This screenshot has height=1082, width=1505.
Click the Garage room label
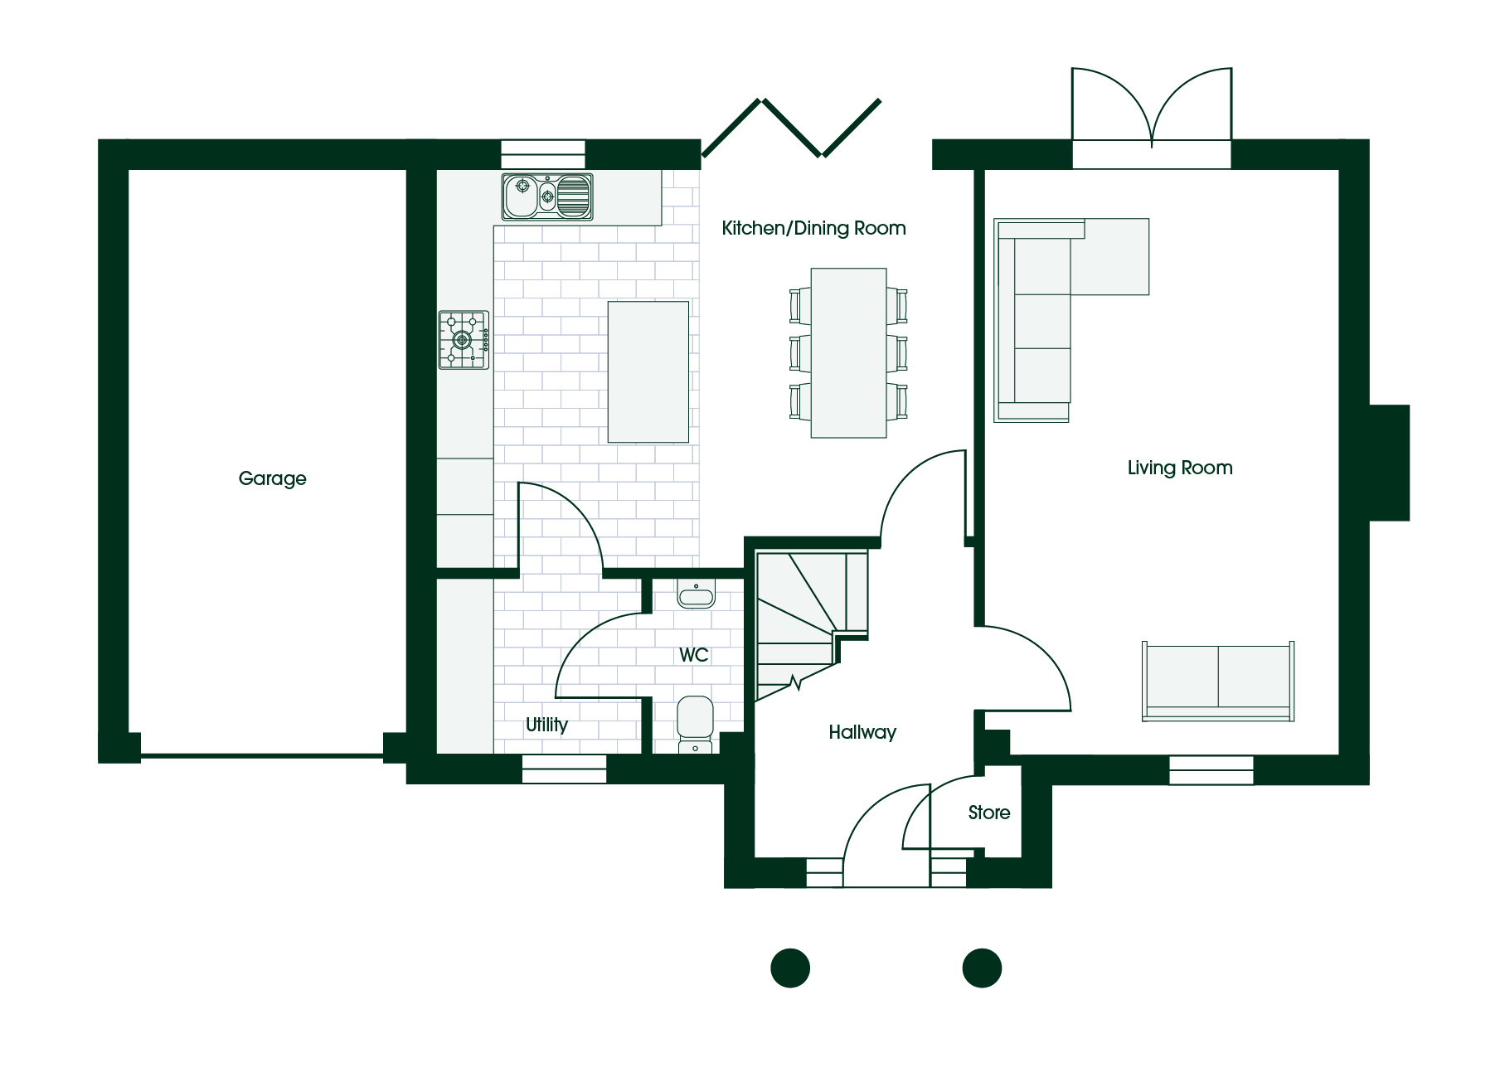click(272, 478)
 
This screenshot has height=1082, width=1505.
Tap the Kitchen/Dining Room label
click(813, 228)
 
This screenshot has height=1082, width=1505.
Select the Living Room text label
click(1179, 468)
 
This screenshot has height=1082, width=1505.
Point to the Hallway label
click(862, 732)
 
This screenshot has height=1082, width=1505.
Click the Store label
click(989, 813)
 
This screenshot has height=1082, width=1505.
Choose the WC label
click(694, 655)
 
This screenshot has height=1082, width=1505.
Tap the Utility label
click(546, 725)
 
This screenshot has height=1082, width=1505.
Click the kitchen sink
click(547, 197)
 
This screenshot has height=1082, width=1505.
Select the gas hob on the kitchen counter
click(464, 339)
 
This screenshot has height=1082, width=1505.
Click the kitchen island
click(648, 371)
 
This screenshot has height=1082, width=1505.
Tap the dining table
click(848, 352)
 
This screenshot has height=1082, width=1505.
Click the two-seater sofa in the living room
click(1218, 682)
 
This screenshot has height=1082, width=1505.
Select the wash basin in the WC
click(696, 594)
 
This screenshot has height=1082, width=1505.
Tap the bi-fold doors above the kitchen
click(791, 128)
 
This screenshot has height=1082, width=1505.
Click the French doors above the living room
click(1152, 109)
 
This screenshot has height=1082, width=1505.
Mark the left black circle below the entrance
click(790, 968)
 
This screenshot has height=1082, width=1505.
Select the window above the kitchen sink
click(543, 155)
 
